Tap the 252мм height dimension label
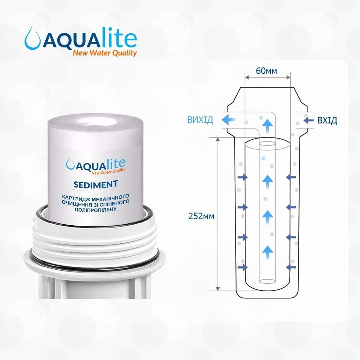[201, 216]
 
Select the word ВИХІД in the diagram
[200, 120]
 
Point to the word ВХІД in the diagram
[327, 120]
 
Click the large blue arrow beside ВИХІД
[229, 120]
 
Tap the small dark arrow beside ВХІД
[309, 120]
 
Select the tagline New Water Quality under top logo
[105, 53]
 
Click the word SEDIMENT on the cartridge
[96, 184]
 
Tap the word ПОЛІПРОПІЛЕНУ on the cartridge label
[95, 210]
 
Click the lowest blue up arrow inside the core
[268, 252]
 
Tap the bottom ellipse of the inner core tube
[267, 281]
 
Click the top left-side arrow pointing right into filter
[243, 177]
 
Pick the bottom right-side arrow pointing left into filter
[291, 267]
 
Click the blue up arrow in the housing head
[268, 126]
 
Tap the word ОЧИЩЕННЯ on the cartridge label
[75, 203]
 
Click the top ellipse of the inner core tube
[267, 144]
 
